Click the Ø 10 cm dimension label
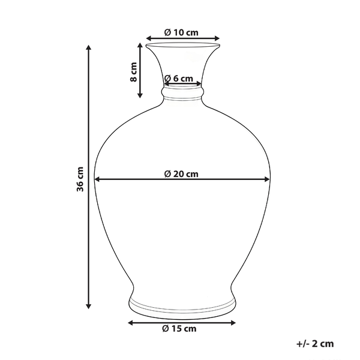pos(181,32)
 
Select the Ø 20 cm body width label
pos(181,174)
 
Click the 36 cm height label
pos(80,178)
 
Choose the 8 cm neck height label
pos(134,72)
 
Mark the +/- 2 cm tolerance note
pos(314,344)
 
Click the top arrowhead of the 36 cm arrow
pos(89,50)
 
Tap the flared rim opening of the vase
pos(182,45)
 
